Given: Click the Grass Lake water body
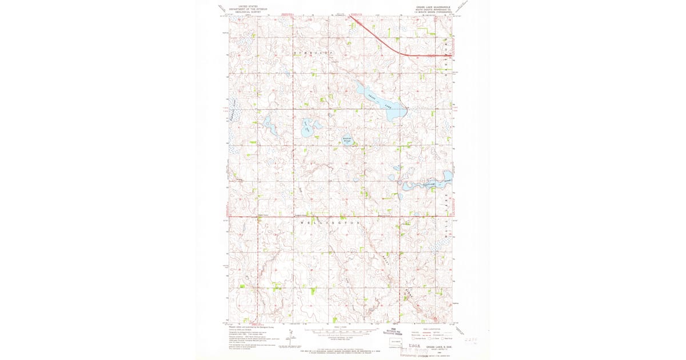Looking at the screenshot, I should click(x=380, y=102).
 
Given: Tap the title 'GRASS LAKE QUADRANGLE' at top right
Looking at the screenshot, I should click(x=435, y=7).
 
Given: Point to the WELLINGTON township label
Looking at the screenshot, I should click(x=329, y=221).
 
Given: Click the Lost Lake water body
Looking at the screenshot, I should click(x=309, y=128).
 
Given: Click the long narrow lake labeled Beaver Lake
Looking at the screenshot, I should click(x=426, y=183).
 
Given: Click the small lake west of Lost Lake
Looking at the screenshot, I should click(x=267, y=123).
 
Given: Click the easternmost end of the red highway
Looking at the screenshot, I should click(x=452, y=55).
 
